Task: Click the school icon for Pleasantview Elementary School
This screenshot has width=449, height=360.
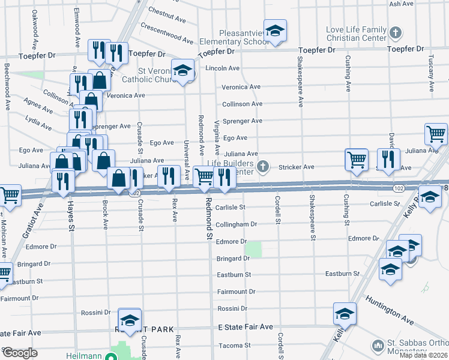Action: [275, 31]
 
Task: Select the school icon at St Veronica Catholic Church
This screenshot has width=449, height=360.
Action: [183, 70]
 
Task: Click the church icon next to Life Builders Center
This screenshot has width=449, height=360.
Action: [262, 166]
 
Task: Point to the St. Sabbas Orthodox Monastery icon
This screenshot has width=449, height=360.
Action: [378, 346]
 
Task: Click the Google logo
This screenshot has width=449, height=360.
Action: [20, 353]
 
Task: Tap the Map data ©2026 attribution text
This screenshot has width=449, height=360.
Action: [423, 355]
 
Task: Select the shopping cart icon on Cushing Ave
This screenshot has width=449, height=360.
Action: [356, 159]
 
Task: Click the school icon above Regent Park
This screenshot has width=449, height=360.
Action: [129, 319]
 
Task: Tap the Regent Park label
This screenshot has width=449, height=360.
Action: [144, 329]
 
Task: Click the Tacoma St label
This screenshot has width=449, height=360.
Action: [235, 346]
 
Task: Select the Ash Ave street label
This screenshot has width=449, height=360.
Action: [402, 4]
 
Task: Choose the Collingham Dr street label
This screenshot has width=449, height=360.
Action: [237, 224]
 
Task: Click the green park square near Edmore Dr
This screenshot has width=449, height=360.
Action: [255, 250]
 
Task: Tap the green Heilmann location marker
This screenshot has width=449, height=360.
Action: [110, 356]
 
